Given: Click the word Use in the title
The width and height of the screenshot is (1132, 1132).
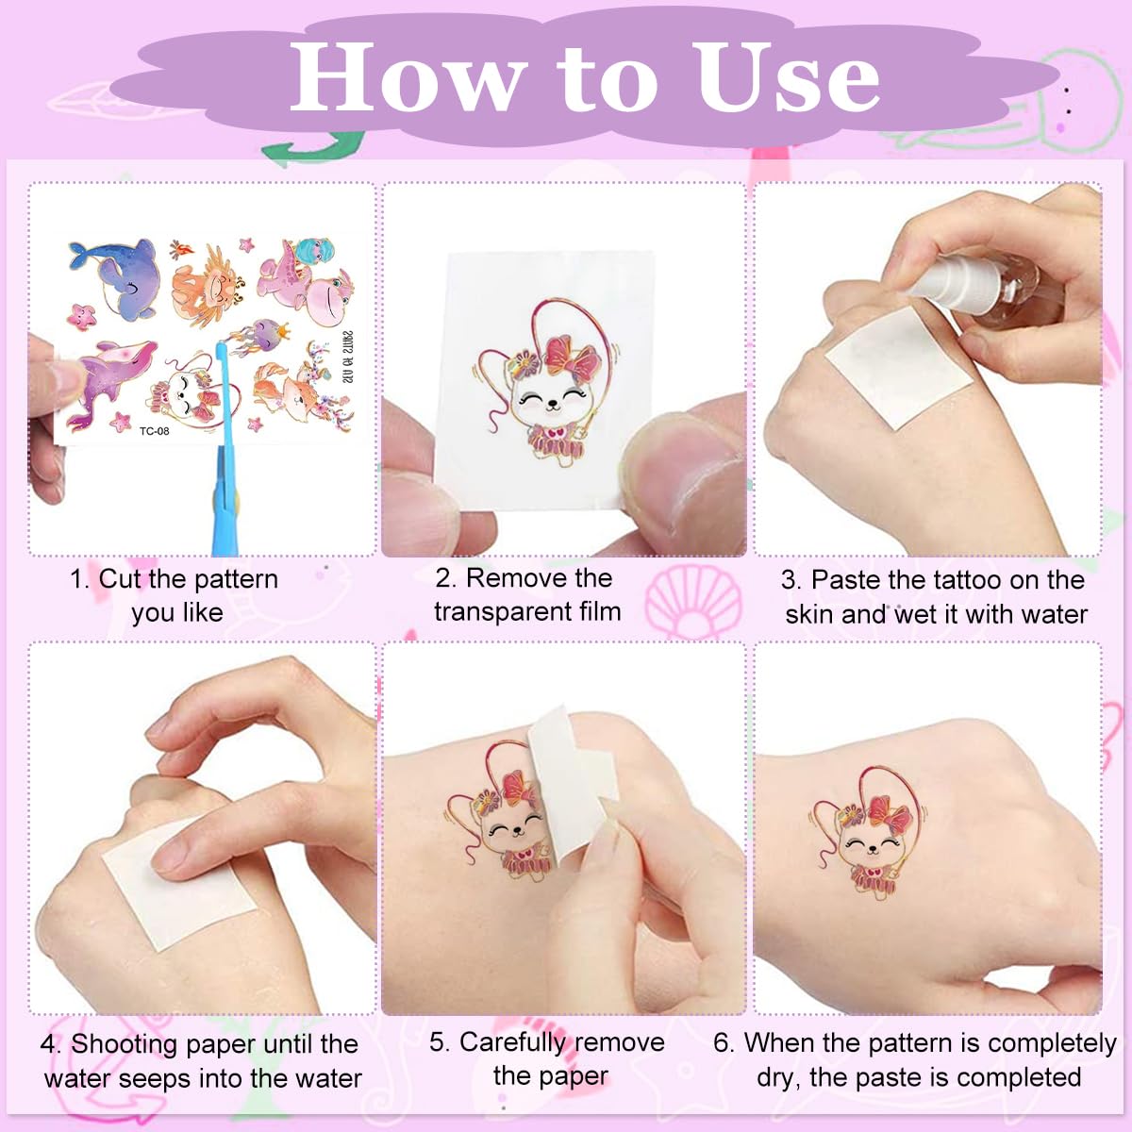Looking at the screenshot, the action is pyautogui.click(x=787, y=77).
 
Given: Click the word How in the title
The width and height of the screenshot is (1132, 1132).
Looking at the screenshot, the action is pyautogui.click(x=407, y=77).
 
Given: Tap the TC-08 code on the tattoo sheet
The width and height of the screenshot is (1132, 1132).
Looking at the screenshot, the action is pyautogui.click(x=154, y=431).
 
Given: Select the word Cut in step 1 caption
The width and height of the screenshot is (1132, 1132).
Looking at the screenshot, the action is pyautogui.click(x=120, y=579).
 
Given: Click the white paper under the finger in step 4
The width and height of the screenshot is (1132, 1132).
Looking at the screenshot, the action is pyautogui.click(x=176, y=881).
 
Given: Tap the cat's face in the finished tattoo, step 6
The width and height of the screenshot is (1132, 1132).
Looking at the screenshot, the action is pyautogui.click(x=873, y=844).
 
